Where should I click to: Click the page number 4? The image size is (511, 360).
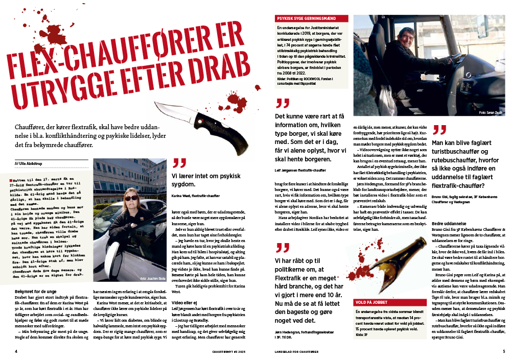tap(16, 351)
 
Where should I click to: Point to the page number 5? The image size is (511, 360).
tap(503, 351)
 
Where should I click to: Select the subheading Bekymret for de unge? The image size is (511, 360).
tap(30, 291)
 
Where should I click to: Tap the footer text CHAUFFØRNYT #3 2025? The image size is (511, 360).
tap(230, 351)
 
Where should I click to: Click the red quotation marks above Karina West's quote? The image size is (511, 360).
tap(179, 163)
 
